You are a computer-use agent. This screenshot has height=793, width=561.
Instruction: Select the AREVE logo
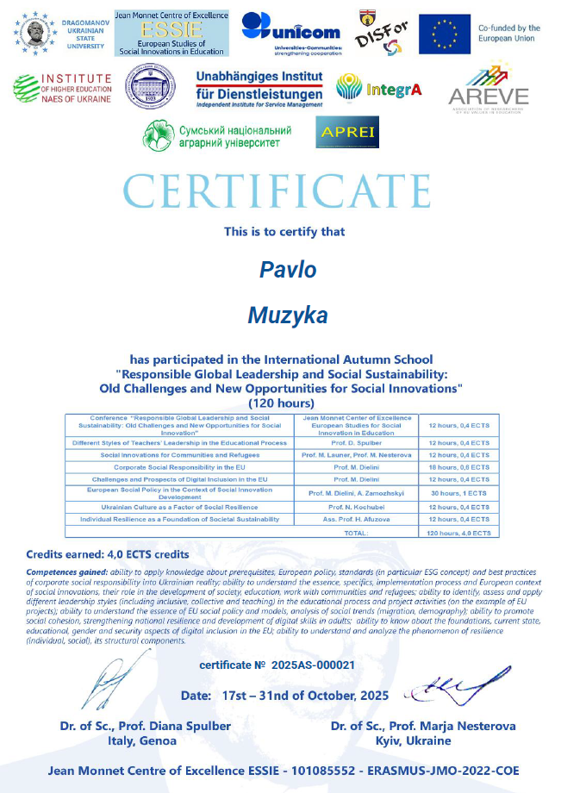tap(488, 91)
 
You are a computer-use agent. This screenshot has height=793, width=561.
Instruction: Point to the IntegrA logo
tap(378, 88)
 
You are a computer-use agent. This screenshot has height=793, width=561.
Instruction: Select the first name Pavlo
tap(288, 269)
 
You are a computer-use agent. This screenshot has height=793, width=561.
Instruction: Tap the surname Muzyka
tap(288, 315)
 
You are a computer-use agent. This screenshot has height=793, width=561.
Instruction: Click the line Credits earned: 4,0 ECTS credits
tap(108, 554)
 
